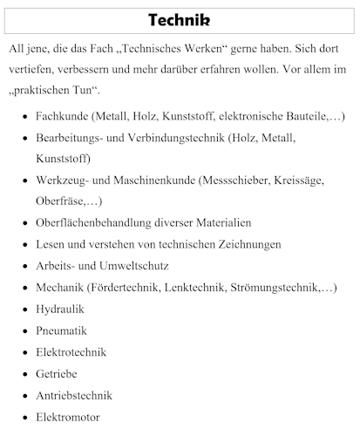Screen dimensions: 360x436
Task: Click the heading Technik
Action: [179, 19]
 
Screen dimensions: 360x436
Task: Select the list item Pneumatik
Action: [61, 331]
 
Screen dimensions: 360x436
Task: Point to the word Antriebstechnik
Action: [74, 396]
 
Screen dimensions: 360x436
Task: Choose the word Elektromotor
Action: [68, 418]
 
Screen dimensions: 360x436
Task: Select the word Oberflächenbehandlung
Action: [98, 223]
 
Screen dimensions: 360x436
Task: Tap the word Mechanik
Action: [59, 288]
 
